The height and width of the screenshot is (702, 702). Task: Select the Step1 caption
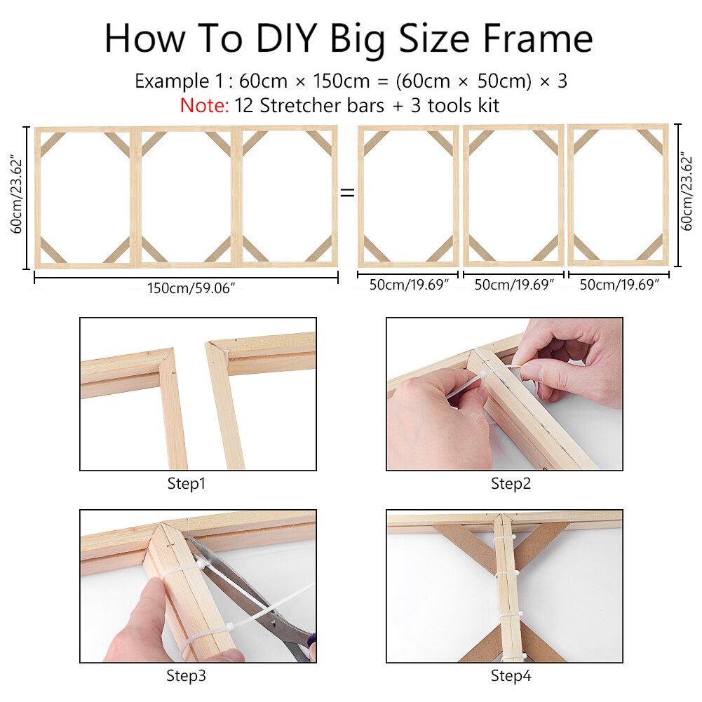click(x=186, y=483)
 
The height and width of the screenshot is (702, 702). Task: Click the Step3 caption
click(x=186, y=676)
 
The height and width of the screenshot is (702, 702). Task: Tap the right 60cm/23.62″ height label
click(x=688, y=196)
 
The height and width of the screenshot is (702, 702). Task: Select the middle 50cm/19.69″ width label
click(x=513, y=285)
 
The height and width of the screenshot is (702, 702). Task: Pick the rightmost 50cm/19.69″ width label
click(x=619, y=285)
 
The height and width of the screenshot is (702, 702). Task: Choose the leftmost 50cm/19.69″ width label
click(x=408, y=285)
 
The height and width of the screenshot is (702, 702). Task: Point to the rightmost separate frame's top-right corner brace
click(x=651, y=142)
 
